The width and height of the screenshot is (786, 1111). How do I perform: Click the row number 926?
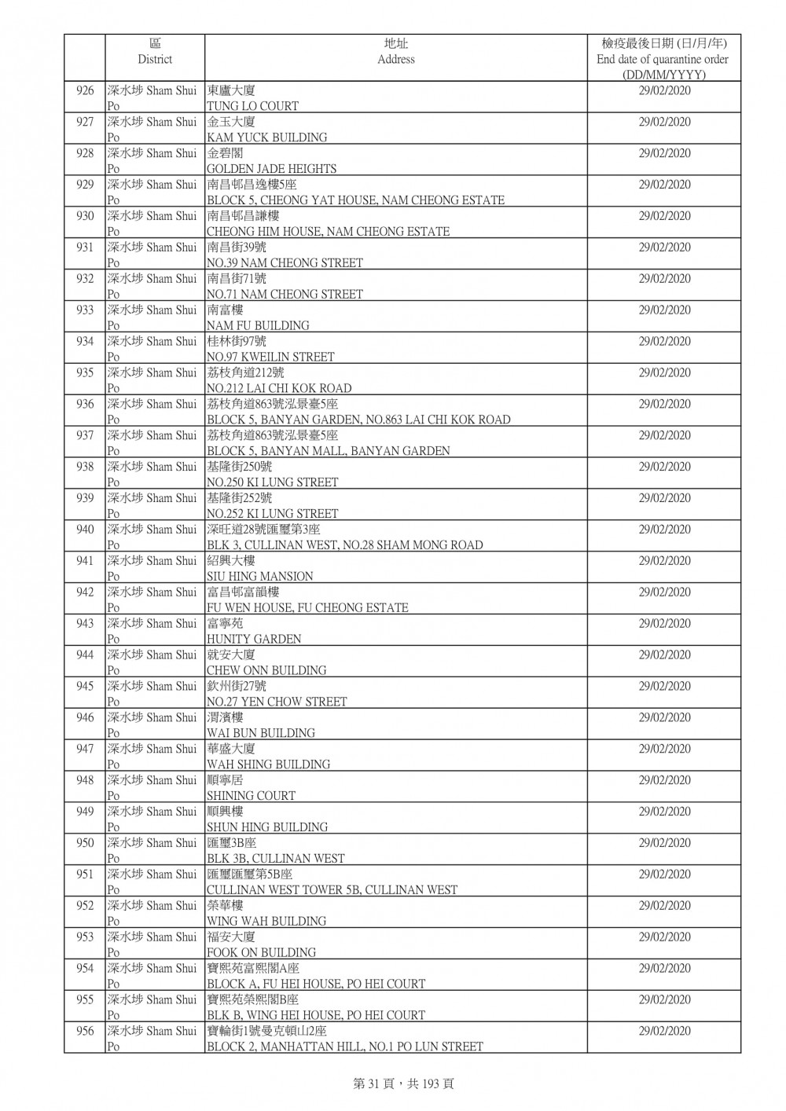[x=85, y=91]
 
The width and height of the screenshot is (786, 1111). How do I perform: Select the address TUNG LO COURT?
[x=252, y=106]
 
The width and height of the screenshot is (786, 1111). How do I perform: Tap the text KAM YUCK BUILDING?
[x=266, y=137]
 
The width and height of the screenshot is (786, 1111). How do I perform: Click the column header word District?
[x=155, y=60]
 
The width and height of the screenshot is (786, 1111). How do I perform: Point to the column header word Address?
[x=396, y=60]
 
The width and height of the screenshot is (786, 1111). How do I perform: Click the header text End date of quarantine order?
[x=663, y=60]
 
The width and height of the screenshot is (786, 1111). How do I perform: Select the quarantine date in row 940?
[x=664, y=530]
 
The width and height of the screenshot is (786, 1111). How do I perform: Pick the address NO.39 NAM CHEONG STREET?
[x=285, y=263]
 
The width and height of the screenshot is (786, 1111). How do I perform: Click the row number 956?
[x=85, y=1031]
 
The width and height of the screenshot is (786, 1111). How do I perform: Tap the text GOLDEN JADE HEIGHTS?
[x=271, y=169]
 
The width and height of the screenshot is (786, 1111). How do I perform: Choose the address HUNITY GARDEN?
[x=254, y=640]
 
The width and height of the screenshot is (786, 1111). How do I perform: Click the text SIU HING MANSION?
[x=259, y=577]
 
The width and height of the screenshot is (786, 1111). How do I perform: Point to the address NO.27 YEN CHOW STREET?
[x=277, y=702]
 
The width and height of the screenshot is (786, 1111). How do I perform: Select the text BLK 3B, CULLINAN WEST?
[x=275, y=859]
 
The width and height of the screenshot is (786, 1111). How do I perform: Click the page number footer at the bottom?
[x=403, y=1083]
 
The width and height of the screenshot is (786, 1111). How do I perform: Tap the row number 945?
[x=85, y=686]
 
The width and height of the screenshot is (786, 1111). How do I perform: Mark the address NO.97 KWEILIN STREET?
[x=270, y=357]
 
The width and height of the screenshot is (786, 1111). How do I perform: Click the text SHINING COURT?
[x=251, y=796]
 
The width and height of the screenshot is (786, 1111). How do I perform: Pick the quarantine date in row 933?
[x=664, y=310]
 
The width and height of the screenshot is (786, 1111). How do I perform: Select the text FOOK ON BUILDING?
[x=261, y=952]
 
